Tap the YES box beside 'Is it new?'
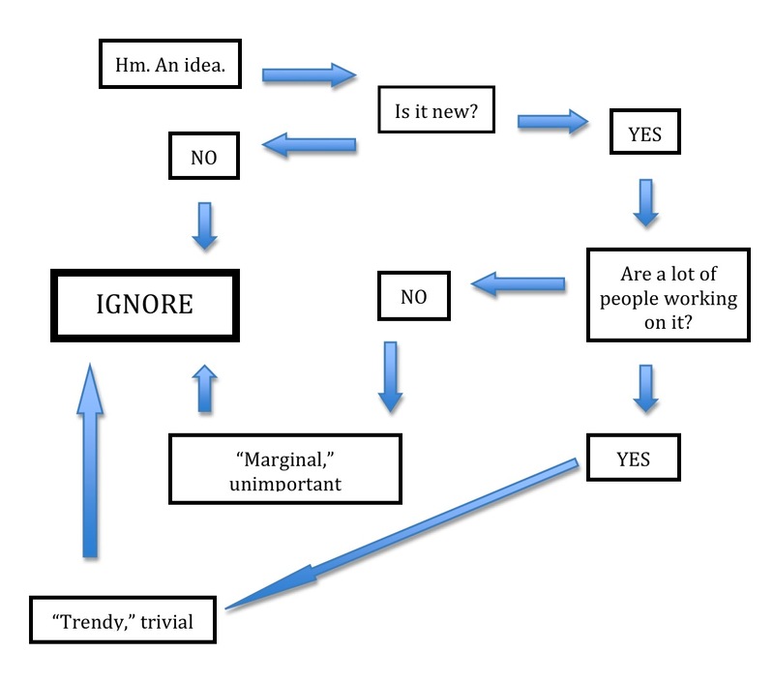point(644,133)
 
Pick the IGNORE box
point(145,305)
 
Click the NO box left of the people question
point(413,296)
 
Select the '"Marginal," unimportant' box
point(284,469)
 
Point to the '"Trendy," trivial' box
point(123,620)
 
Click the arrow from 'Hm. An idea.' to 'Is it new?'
point(309,74)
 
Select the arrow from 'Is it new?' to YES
point(552,122)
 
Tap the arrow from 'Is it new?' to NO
point(310,146)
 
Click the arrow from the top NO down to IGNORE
point(204,224)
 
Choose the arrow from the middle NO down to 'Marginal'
point(390,374)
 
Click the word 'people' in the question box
point(628,299)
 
